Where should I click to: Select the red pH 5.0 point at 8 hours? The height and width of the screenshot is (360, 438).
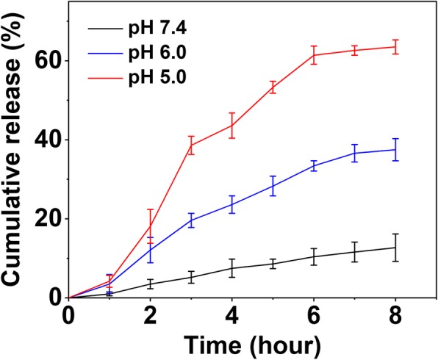coord(396,46)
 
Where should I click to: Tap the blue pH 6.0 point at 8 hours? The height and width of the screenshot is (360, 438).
coord(396,149)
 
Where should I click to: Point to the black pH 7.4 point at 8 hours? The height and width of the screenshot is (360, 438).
coord(396,248)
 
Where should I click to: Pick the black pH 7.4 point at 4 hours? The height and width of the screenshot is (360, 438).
coord(232,268)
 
